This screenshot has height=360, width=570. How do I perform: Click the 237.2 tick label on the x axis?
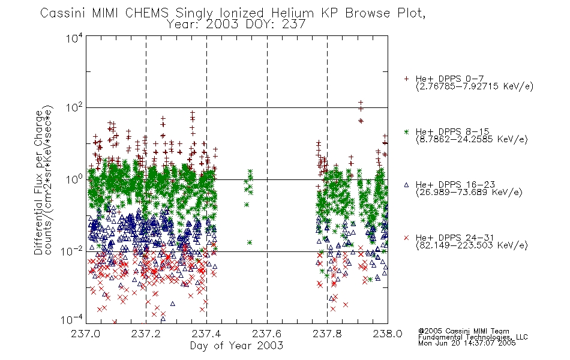(146, 334)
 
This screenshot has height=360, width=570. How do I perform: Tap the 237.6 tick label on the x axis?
(267, 334)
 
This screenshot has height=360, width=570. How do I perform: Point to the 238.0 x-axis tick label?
(388, 334)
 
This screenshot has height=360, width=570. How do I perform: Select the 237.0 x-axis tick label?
(85, 334)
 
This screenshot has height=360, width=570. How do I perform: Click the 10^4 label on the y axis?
(74, 38)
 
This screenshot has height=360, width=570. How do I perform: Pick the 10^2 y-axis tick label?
(74, 108)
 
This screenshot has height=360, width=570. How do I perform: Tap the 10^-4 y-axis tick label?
(72, 320)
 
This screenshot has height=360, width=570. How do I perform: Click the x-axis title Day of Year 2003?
(236, 346)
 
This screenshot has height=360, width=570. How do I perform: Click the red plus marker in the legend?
(406, 79)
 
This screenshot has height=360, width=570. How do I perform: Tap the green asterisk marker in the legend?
(406, 131)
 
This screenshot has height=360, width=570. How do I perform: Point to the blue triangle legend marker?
(406, 185)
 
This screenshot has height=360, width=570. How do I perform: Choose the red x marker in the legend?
(406, 238)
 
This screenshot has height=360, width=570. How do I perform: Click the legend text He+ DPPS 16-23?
(455, 184)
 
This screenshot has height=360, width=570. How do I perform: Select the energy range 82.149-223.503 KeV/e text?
(472, 245)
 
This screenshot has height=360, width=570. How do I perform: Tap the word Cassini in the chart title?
(63, 13)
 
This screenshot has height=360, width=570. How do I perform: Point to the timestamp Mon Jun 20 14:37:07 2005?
(467, 343)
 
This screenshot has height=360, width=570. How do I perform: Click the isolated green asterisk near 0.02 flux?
(250, 242)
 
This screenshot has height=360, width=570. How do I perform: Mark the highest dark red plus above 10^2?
(361, 103)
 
